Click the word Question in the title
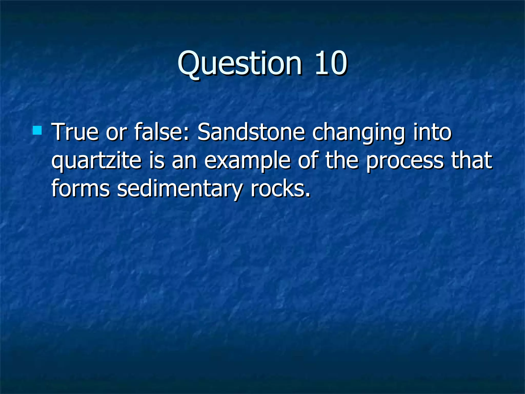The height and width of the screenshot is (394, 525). click(x=240, y=63)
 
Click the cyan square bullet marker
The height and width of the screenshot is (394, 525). click(x=37, y=130)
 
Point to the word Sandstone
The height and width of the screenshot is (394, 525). click(x=251, y=132)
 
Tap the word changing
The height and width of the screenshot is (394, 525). click(x=359, y=133)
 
